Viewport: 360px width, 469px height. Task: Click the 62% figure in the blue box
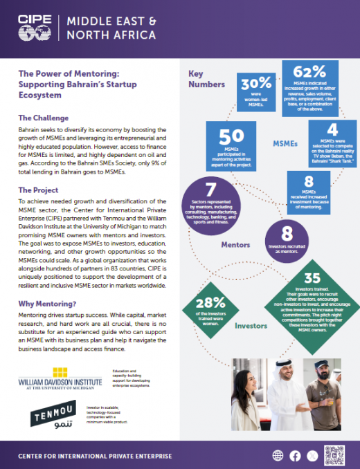(309, 72)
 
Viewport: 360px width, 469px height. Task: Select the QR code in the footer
(334, 454)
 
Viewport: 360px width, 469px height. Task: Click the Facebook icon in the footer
(295, 455)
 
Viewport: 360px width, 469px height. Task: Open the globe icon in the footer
(278, 455)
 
